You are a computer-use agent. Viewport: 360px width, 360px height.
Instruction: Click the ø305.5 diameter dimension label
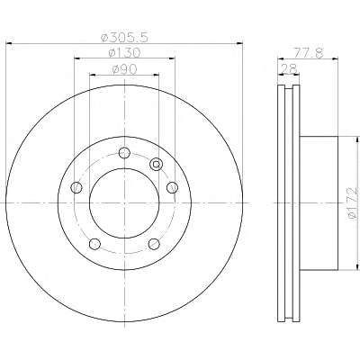point(124,37)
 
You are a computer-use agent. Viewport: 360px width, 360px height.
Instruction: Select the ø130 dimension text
point(124,53)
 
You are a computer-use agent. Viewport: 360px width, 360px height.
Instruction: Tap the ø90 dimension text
point(124,69)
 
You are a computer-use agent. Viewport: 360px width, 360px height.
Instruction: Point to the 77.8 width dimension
point(309,53)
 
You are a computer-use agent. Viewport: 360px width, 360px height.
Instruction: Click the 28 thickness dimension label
point(289,68)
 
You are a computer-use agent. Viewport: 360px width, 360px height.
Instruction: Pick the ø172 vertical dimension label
point(353,203)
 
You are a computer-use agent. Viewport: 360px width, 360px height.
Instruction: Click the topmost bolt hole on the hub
point(124,153)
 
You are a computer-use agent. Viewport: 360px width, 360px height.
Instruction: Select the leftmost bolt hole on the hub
point(76,188)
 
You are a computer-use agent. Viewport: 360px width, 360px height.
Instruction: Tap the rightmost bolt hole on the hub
point(172,188)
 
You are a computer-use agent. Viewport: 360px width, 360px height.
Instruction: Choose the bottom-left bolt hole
point(94,244)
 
